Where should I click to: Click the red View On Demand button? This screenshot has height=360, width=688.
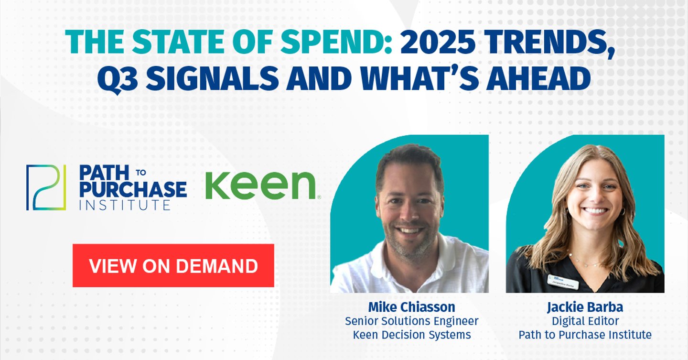173,266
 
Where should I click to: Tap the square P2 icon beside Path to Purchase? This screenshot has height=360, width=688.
46,187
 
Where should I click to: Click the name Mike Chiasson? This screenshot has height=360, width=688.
411,306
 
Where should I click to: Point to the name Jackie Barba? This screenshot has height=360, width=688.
585,306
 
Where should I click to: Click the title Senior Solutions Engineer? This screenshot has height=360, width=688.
411,321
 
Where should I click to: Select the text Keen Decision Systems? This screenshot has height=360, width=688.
411,335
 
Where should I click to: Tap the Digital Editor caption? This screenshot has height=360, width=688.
585,321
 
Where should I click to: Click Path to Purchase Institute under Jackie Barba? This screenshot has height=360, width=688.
585,335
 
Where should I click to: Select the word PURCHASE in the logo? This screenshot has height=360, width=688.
133,189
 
